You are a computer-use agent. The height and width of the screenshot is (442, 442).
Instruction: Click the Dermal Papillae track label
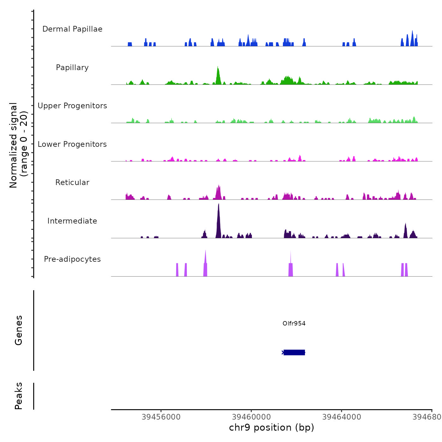[x=72, y=29]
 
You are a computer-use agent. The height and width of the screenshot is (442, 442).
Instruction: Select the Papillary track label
[x=72, y=68]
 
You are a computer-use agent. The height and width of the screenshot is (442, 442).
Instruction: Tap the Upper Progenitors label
[x=72, y=106]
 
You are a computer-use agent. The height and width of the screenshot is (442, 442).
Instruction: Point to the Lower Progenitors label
[x=72, y=144]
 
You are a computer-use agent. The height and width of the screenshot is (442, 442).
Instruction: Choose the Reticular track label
[x=72, y=182]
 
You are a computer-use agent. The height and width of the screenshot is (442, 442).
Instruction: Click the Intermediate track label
[x=72, y=221]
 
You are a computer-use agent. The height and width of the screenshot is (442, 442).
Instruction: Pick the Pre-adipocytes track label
[x=72, y=259]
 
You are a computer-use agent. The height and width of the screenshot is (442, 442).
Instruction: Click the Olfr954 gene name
[x=294, y=324]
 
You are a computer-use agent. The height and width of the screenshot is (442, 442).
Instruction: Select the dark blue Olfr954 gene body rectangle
[x=294, y=352]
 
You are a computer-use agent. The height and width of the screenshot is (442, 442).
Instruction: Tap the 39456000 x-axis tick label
[x=161, y=417]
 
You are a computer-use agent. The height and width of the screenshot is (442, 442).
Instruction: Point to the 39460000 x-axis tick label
[x=251, y=417]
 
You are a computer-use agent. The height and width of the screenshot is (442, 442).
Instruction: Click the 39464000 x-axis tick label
[x=342, y=417]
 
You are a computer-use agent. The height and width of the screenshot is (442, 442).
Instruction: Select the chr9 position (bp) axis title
[x=272, y=427]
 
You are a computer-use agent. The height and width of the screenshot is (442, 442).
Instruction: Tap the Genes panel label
[x=18, y=330]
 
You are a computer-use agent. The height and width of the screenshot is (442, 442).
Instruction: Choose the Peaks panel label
[x=18, y=396]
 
